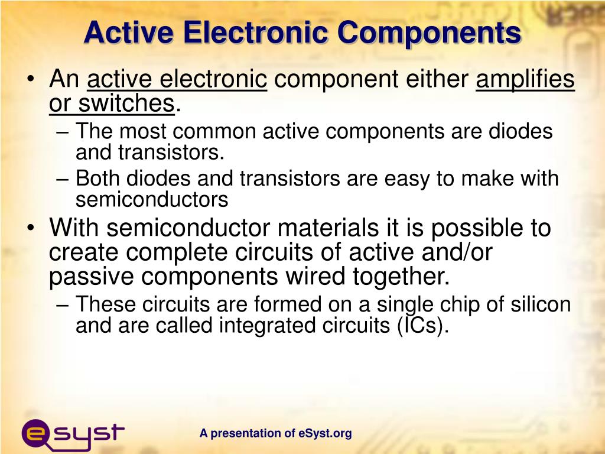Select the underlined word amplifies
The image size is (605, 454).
point(525,79)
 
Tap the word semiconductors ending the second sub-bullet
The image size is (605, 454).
point(152,200)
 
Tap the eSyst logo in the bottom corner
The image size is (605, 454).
point(73,433)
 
